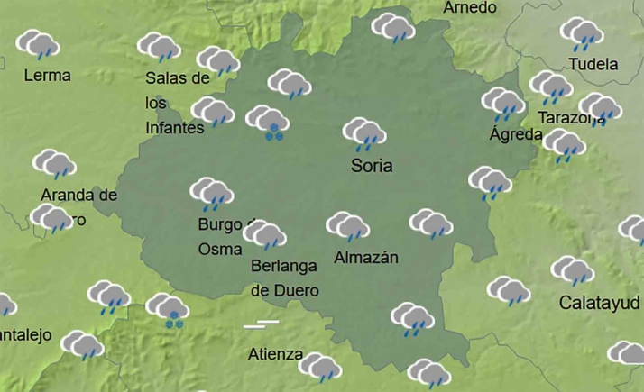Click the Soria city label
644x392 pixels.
pyautogui.click(x=372, y=166)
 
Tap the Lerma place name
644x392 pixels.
pyautogui.click(x=48, y=76)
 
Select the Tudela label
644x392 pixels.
pyautogui.click(x=593, y=65)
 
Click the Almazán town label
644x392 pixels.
pyautogui.click(x=366, y=258)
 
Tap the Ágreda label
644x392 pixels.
pyautogui.click(x=516, y=135)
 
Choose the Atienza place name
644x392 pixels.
pyautogui.click(x=275, y=354)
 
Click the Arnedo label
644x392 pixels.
pyautogui.click(x=470, y=8)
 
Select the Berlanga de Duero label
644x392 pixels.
pyautogui.click(x=284, y=278)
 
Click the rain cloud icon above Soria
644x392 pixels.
pyautogui.click(x=365, y=134)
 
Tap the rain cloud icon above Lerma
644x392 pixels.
pyautogui.click(x=38, y=44)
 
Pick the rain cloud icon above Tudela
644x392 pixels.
pyautogui.click(x=582, y=34)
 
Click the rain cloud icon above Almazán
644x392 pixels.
pyautogui.click(x=347, y=227)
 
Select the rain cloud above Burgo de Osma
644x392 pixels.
pyautogui.click(x=212, y=194)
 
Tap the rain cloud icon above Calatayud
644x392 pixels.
pyautogui.click(x=573, y=270)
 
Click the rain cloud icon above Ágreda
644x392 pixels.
pyautogui.click(x=503, y=104)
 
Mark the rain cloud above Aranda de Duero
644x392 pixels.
pyautogui.click(x=54, y=165)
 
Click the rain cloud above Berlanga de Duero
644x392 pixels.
pyautogui.click(x=265, y=236)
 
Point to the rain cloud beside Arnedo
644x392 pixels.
pyautogui.click(x=393, y=28)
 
